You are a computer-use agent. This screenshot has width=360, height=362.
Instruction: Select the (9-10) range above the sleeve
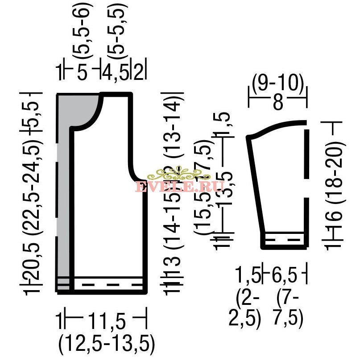pos(277,83)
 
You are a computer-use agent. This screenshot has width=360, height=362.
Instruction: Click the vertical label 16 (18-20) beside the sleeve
pos(337,187)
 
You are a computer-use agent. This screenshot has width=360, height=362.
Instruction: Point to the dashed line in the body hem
pos(107,284)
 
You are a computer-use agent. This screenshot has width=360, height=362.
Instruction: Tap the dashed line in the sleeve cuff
pos(283,239)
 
